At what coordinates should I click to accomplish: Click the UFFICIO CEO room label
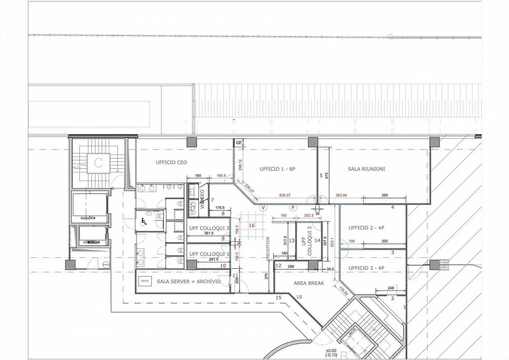171,162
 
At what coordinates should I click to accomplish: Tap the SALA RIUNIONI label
366,169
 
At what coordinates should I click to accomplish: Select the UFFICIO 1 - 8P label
277,169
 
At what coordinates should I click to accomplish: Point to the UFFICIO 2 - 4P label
366,228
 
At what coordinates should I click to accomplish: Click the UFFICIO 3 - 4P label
366,268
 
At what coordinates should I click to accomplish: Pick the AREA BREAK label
309,283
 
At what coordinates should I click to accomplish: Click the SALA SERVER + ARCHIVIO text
189,281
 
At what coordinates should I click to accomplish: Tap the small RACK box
145,281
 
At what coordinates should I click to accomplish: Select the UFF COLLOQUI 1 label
209,254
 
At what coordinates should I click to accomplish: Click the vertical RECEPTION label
268,248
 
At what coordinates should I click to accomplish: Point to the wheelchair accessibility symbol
144,222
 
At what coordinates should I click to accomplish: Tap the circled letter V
263,208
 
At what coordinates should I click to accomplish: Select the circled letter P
293,208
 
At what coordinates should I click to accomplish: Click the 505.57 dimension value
285,195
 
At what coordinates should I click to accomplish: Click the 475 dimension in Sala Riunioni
327,175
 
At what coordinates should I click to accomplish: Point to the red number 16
252,226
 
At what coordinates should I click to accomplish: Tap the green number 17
193,209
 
